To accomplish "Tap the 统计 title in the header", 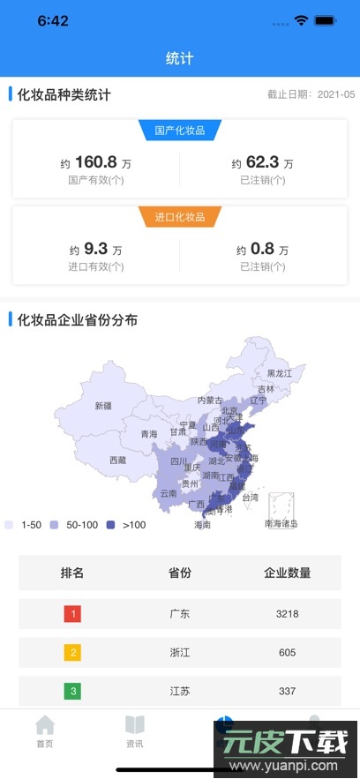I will point(179,59).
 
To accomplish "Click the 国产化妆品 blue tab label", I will point(179,131).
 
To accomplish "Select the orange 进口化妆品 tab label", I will point(179,217).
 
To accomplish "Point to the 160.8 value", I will point(96,162).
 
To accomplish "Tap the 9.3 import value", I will point(96,249).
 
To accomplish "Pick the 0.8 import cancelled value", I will point(262,249).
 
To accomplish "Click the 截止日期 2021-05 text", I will point(311,94).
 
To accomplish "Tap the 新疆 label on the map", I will point(103,406).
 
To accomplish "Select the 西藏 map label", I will point(117,460).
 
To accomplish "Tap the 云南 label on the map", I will point(168,493).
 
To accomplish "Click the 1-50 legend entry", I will point(26,525).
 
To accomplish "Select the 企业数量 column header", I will point(287,573).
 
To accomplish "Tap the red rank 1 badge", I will point(72,613).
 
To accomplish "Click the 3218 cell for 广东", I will point(287,613).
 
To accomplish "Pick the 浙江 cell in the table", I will point(180,653).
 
